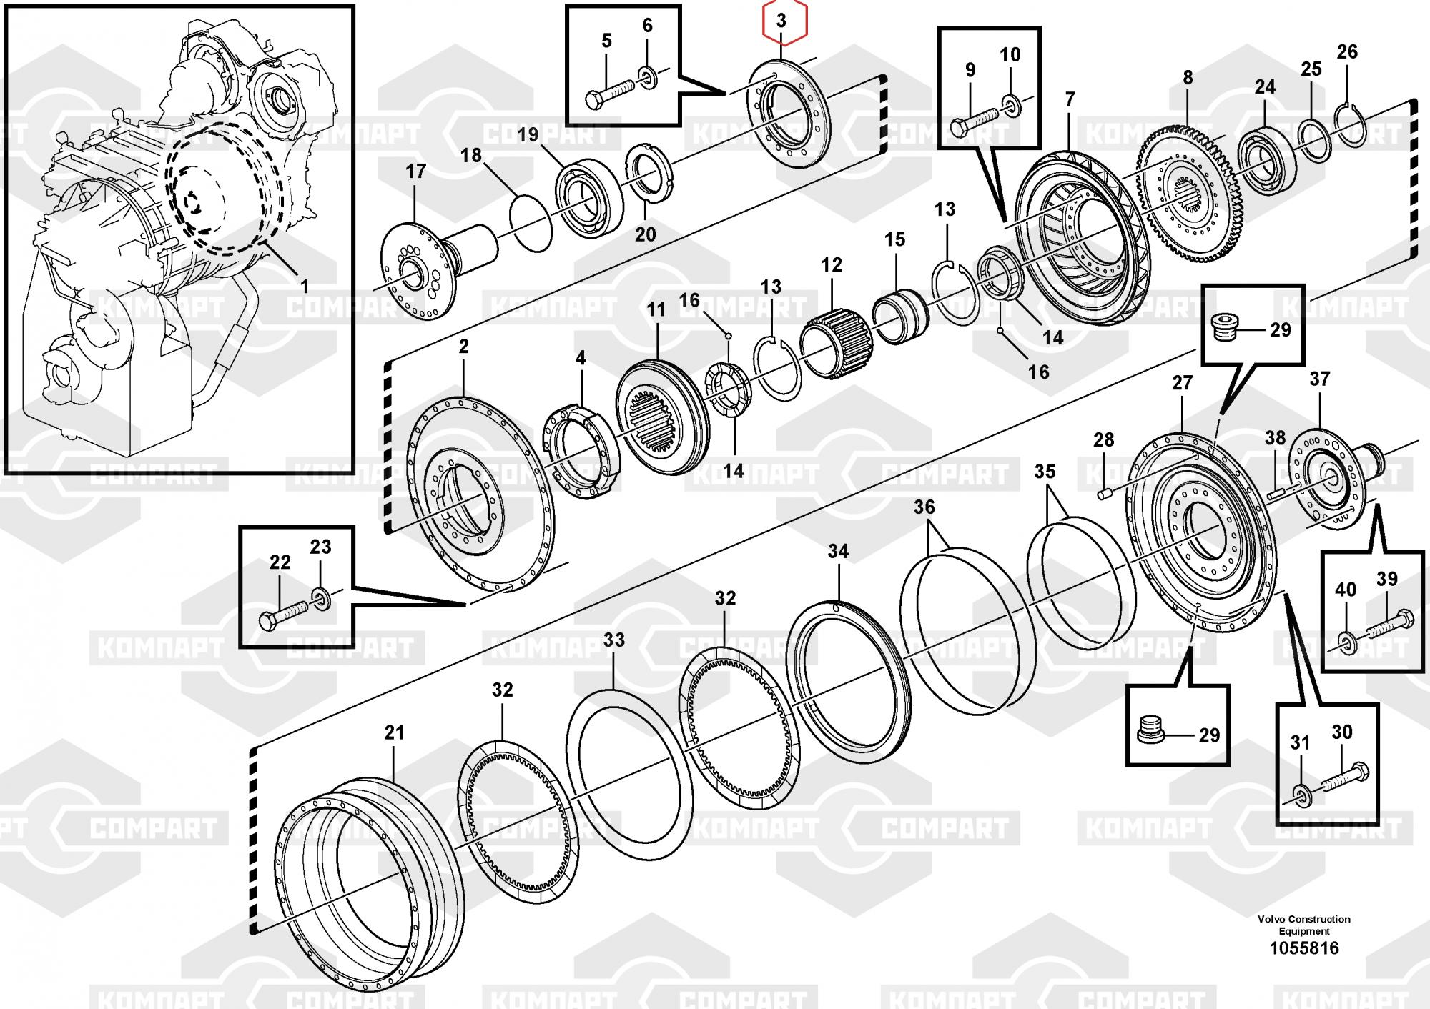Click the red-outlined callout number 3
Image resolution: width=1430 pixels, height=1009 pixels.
781,21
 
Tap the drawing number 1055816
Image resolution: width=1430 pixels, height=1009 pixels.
1303,948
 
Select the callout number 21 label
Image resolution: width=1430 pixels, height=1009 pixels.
394,732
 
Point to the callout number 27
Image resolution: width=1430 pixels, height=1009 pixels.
1182,383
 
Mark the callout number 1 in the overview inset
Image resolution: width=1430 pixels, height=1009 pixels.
305,287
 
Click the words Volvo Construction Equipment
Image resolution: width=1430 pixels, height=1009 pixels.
1304,925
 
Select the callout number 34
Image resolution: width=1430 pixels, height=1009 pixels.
838,551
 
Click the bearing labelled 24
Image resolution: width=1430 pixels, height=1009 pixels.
1266,157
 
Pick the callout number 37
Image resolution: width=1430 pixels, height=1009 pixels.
1319,379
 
